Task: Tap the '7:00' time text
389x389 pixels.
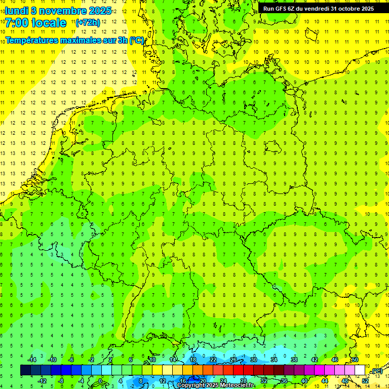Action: coord(18,23)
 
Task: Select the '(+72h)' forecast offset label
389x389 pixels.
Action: coord(87,23)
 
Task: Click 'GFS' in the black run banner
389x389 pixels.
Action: coord(281,8)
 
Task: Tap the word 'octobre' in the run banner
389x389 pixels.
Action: coord(349,8)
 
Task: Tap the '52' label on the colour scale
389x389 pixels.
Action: coord(365,381)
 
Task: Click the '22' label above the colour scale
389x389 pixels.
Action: coord(213,360)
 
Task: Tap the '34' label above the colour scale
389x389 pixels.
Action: coord(274,360)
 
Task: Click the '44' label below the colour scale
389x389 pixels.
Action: coord(325,381)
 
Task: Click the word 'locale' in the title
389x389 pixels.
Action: coord(49,23)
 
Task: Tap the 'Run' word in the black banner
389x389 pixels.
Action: coord(268,8)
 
